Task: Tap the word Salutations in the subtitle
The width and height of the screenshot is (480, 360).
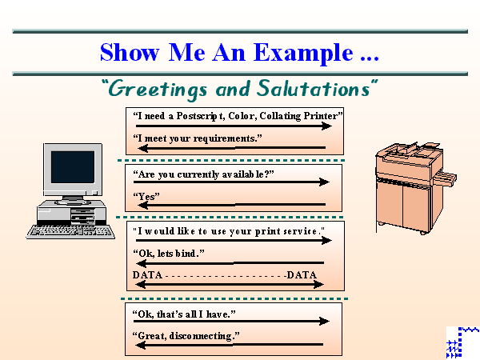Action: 318,87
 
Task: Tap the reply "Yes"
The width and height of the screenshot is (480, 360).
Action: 146,195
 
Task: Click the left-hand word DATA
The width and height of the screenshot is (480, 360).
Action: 147,275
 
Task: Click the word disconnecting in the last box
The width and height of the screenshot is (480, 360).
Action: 204,335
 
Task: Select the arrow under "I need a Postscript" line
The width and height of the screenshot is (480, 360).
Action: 232,126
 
